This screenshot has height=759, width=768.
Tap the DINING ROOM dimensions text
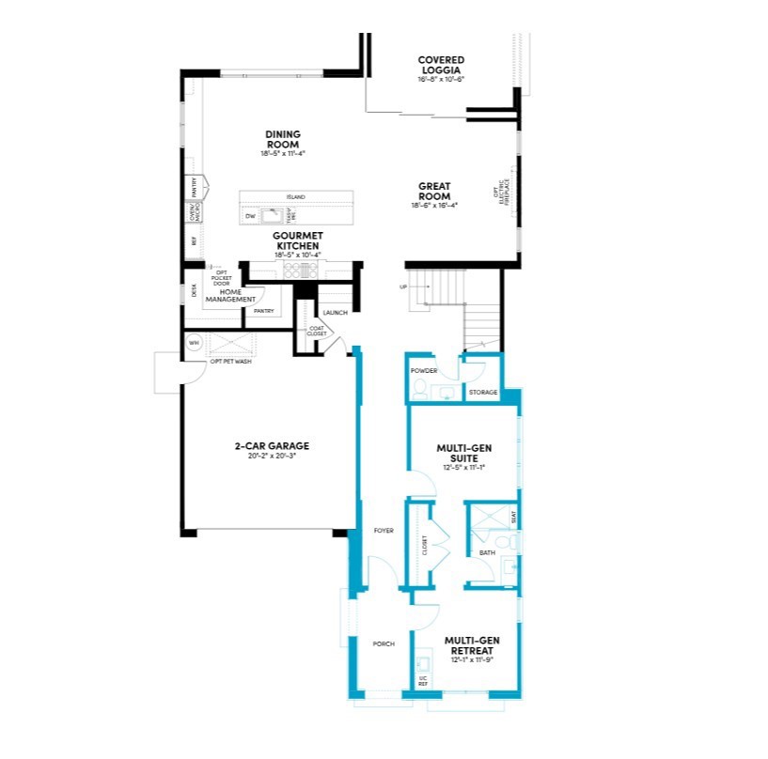283,153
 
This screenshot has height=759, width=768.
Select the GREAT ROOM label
433,191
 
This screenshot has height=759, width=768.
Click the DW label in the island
250,216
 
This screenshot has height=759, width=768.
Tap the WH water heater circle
195,343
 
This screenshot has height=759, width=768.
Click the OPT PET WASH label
230,362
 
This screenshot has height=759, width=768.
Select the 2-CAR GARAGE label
272,446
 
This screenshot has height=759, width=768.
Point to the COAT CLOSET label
317,331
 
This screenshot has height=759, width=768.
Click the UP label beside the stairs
404,286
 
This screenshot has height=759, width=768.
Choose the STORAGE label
483,392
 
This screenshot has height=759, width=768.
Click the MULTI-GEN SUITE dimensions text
462,466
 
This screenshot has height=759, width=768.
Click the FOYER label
383,531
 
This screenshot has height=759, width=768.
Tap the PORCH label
383,643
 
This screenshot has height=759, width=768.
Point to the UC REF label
422,681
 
